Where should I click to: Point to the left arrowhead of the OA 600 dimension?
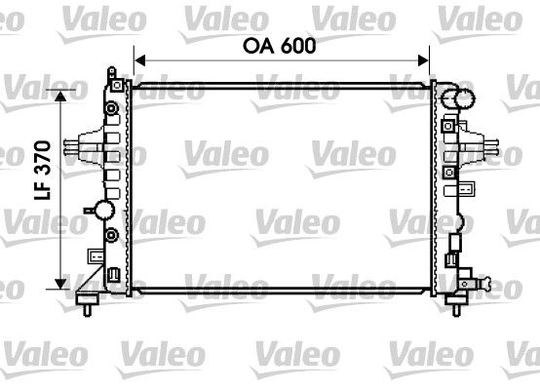[x=137, y=61]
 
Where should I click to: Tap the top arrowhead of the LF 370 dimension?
[x=65, y=94]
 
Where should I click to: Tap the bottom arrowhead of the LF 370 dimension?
[x=65, y=278]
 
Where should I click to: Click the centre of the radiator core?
[x=281, y=185]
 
